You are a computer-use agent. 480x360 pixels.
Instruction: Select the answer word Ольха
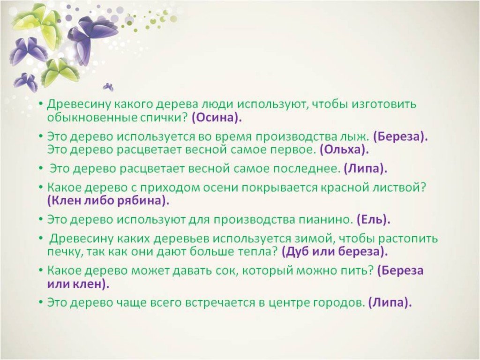345,150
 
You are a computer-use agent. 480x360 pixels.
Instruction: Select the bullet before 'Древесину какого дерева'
40,104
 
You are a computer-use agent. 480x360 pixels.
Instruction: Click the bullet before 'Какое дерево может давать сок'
40,270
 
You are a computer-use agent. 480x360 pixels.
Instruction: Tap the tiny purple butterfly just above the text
108,87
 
